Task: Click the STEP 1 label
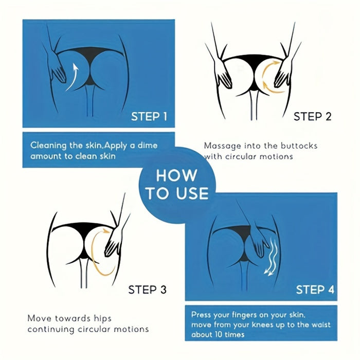point(149,116)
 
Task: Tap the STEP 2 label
point(313,116)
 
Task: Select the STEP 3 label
point(147,290)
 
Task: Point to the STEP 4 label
point(315,290)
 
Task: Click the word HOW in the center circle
point(176,176)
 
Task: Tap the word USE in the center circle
point(192,193)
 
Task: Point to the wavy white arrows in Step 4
point(273,257)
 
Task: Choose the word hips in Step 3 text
point(102,319)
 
